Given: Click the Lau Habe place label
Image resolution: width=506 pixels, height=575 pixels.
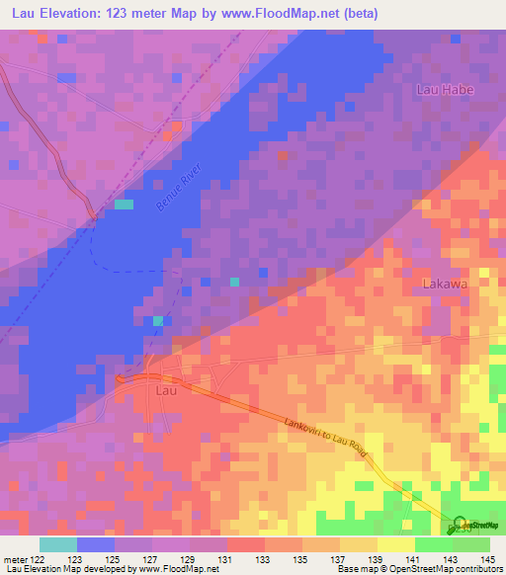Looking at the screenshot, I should point(445,90).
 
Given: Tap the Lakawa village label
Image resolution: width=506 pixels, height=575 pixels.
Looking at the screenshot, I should point(444,284).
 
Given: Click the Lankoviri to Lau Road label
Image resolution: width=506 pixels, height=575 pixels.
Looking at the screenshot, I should point(325,436).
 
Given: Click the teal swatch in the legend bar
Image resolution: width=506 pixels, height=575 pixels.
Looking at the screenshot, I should point(58,543).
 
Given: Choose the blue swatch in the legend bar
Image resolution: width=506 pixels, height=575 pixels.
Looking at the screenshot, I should point(96,543).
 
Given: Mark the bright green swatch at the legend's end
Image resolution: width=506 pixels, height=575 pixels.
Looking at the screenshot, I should point(471,543).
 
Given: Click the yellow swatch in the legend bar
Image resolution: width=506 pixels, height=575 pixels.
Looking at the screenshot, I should point(396,543).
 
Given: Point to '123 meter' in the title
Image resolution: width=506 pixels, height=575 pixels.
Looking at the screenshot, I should point(138,13).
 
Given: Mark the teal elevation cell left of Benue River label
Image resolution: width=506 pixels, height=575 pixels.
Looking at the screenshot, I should point(124,205).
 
